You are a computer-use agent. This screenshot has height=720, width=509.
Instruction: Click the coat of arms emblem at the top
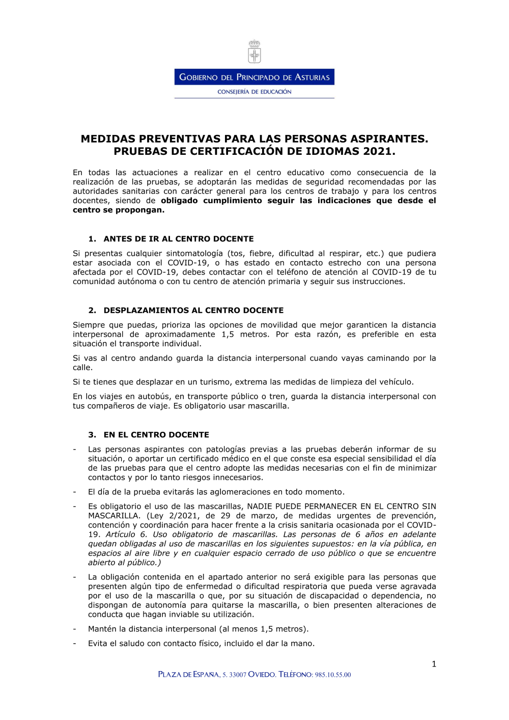pyautogui.click(x=254, y=51)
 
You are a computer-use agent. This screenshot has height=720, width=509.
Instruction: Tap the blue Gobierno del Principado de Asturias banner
pyautogui.click(x=254, y=77)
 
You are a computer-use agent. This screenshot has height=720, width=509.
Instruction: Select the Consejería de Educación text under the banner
pyautogui.click(x=254, y=92)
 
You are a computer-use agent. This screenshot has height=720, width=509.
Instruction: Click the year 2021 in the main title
pyautogui.click(x=379, y=151)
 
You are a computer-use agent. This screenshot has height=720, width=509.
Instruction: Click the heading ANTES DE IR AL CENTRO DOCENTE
pyautogui.click(x=179, y=239)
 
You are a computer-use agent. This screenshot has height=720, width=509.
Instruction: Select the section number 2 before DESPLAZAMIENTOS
pyautogui.click(x=92, y=310)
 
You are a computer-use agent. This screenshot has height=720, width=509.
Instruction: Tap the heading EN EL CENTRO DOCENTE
pyautogui.click(x=156, y=434)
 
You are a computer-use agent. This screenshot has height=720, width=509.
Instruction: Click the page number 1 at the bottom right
pyautogui.click(x=434, y=664)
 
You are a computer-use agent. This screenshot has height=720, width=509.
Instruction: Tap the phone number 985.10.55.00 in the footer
pyautogui.click(x=333, y=675)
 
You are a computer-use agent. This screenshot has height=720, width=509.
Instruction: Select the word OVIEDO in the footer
pyautogui.click(x=262, y=675)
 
